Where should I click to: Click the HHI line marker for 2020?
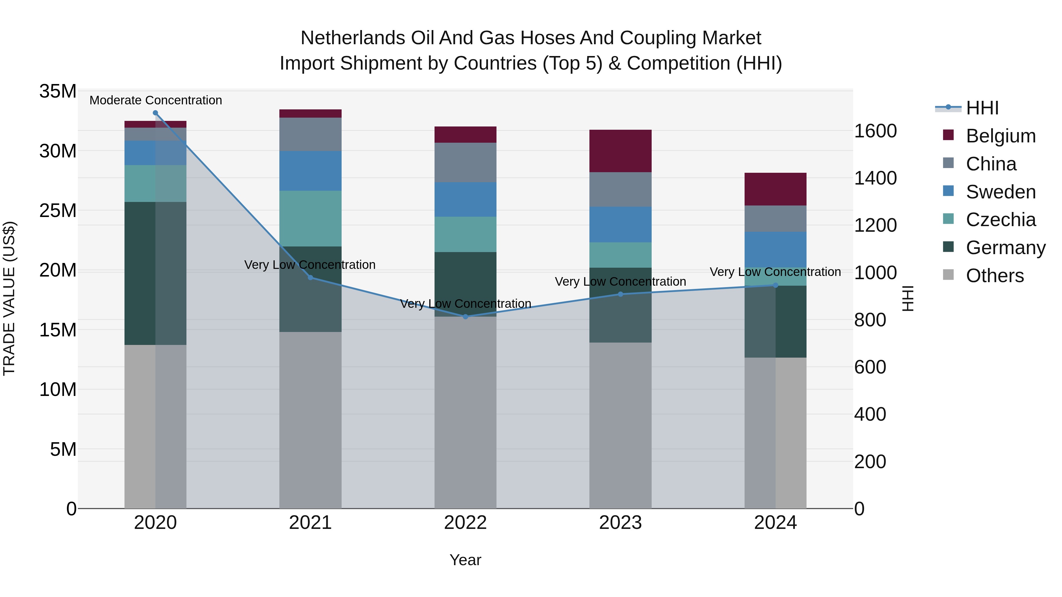click(155, 113)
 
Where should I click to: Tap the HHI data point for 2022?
click(466, 316)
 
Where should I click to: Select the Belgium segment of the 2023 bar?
click(620, 151)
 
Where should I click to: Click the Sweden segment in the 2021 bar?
click(310, 171)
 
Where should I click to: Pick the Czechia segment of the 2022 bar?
click(466, 234)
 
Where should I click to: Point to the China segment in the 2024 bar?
click(775, 218)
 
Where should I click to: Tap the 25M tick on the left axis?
click(58, 210)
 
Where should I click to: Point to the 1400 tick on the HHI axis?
click(875, 178)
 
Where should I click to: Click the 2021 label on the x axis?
click(310, 523)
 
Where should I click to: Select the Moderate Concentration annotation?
click(155, 100)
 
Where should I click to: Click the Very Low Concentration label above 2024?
click(775, 272)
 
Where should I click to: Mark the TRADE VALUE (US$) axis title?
click(9, 298)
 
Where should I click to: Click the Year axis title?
click(466, 560)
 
